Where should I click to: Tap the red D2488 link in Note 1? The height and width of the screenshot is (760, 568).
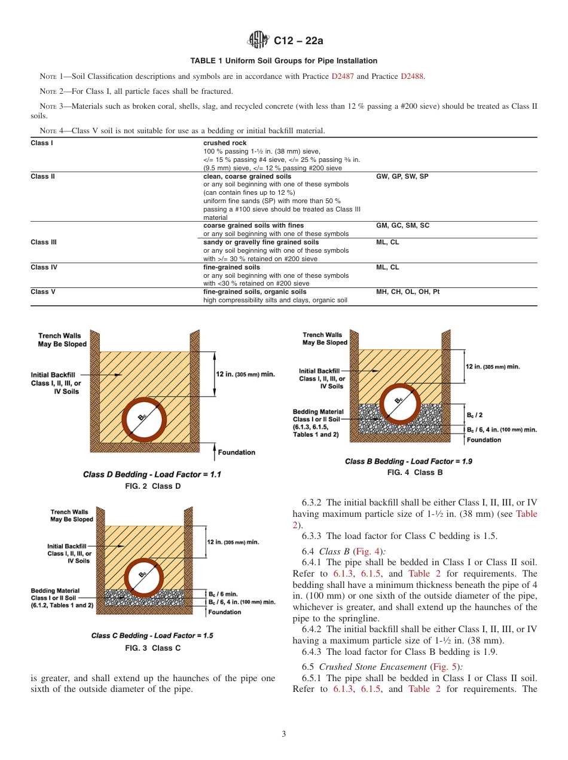point(412,76)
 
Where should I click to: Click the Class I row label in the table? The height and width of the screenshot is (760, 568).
point(42,143)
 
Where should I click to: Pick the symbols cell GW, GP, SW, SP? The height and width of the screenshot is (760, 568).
point(402,177)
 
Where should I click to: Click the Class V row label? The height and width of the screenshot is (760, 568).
point(43,292)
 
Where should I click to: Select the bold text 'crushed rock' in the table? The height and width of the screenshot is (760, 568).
point(225,143)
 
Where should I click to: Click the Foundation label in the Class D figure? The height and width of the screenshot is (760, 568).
point(236,452)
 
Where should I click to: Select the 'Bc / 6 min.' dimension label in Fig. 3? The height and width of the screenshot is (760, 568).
point(224,594)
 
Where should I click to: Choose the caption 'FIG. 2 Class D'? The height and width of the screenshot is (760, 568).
point(152,486)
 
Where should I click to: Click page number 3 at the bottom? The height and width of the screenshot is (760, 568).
point(284,734)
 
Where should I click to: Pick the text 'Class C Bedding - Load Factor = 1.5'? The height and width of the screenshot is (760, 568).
point(152,635)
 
